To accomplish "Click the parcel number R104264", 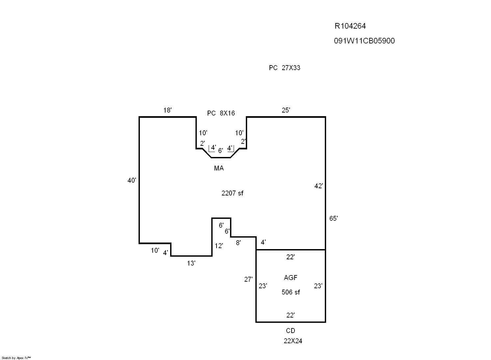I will pos(350,26).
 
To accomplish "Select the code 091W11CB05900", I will pos(364,41).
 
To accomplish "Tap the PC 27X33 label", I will pos(284,68).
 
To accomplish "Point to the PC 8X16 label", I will pos(221,113).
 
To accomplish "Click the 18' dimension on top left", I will pos(168,110).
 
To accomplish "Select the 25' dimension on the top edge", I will pos(286,110).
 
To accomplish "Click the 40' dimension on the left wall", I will pos(132,180).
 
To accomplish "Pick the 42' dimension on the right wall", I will pos(319,186).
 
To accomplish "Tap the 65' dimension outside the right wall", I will pos(333,219).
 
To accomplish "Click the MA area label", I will pos(219,168).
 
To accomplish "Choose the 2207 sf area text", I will pos(232,193).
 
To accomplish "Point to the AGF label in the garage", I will pos(291,278).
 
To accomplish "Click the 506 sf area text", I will pos(291,292).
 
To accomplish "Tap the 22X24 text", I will pos(293,341).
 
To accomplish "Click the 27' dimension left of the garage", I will pos(248,279).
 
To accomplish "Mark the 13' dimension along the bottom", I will pos(191,263).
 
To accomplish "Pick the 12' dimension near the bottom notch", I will pos(219,246).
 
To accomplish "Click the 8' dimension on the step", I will pos(238,243).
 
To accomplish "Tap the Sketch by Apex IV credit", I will pos(16,358).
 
